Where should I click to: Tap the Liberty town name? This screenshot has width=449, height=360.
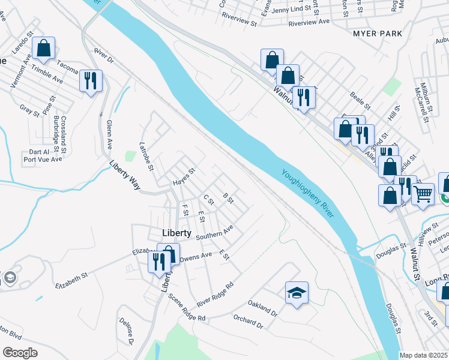click(176, 233)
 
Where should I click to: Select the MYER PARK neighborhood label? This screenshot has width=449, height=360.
click(377, 34)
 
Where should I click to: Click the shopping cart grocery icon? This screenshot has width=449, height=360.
click(423, 194)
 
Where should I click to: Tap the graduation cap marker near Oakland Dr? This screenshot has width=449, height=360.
click(297, 293)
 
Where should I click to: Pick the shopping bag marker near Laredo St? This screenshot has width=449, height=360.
click(44, 48)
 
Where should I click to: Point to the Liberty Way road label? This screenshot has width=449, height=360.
click(125, 175)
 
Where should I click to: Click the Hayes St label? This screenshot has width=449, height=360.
click(184, 175)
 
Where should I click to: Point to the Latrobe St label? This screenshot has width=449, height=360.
click(147, 155)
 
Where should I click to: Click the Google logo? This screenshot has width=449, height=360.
click(19, 352)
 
